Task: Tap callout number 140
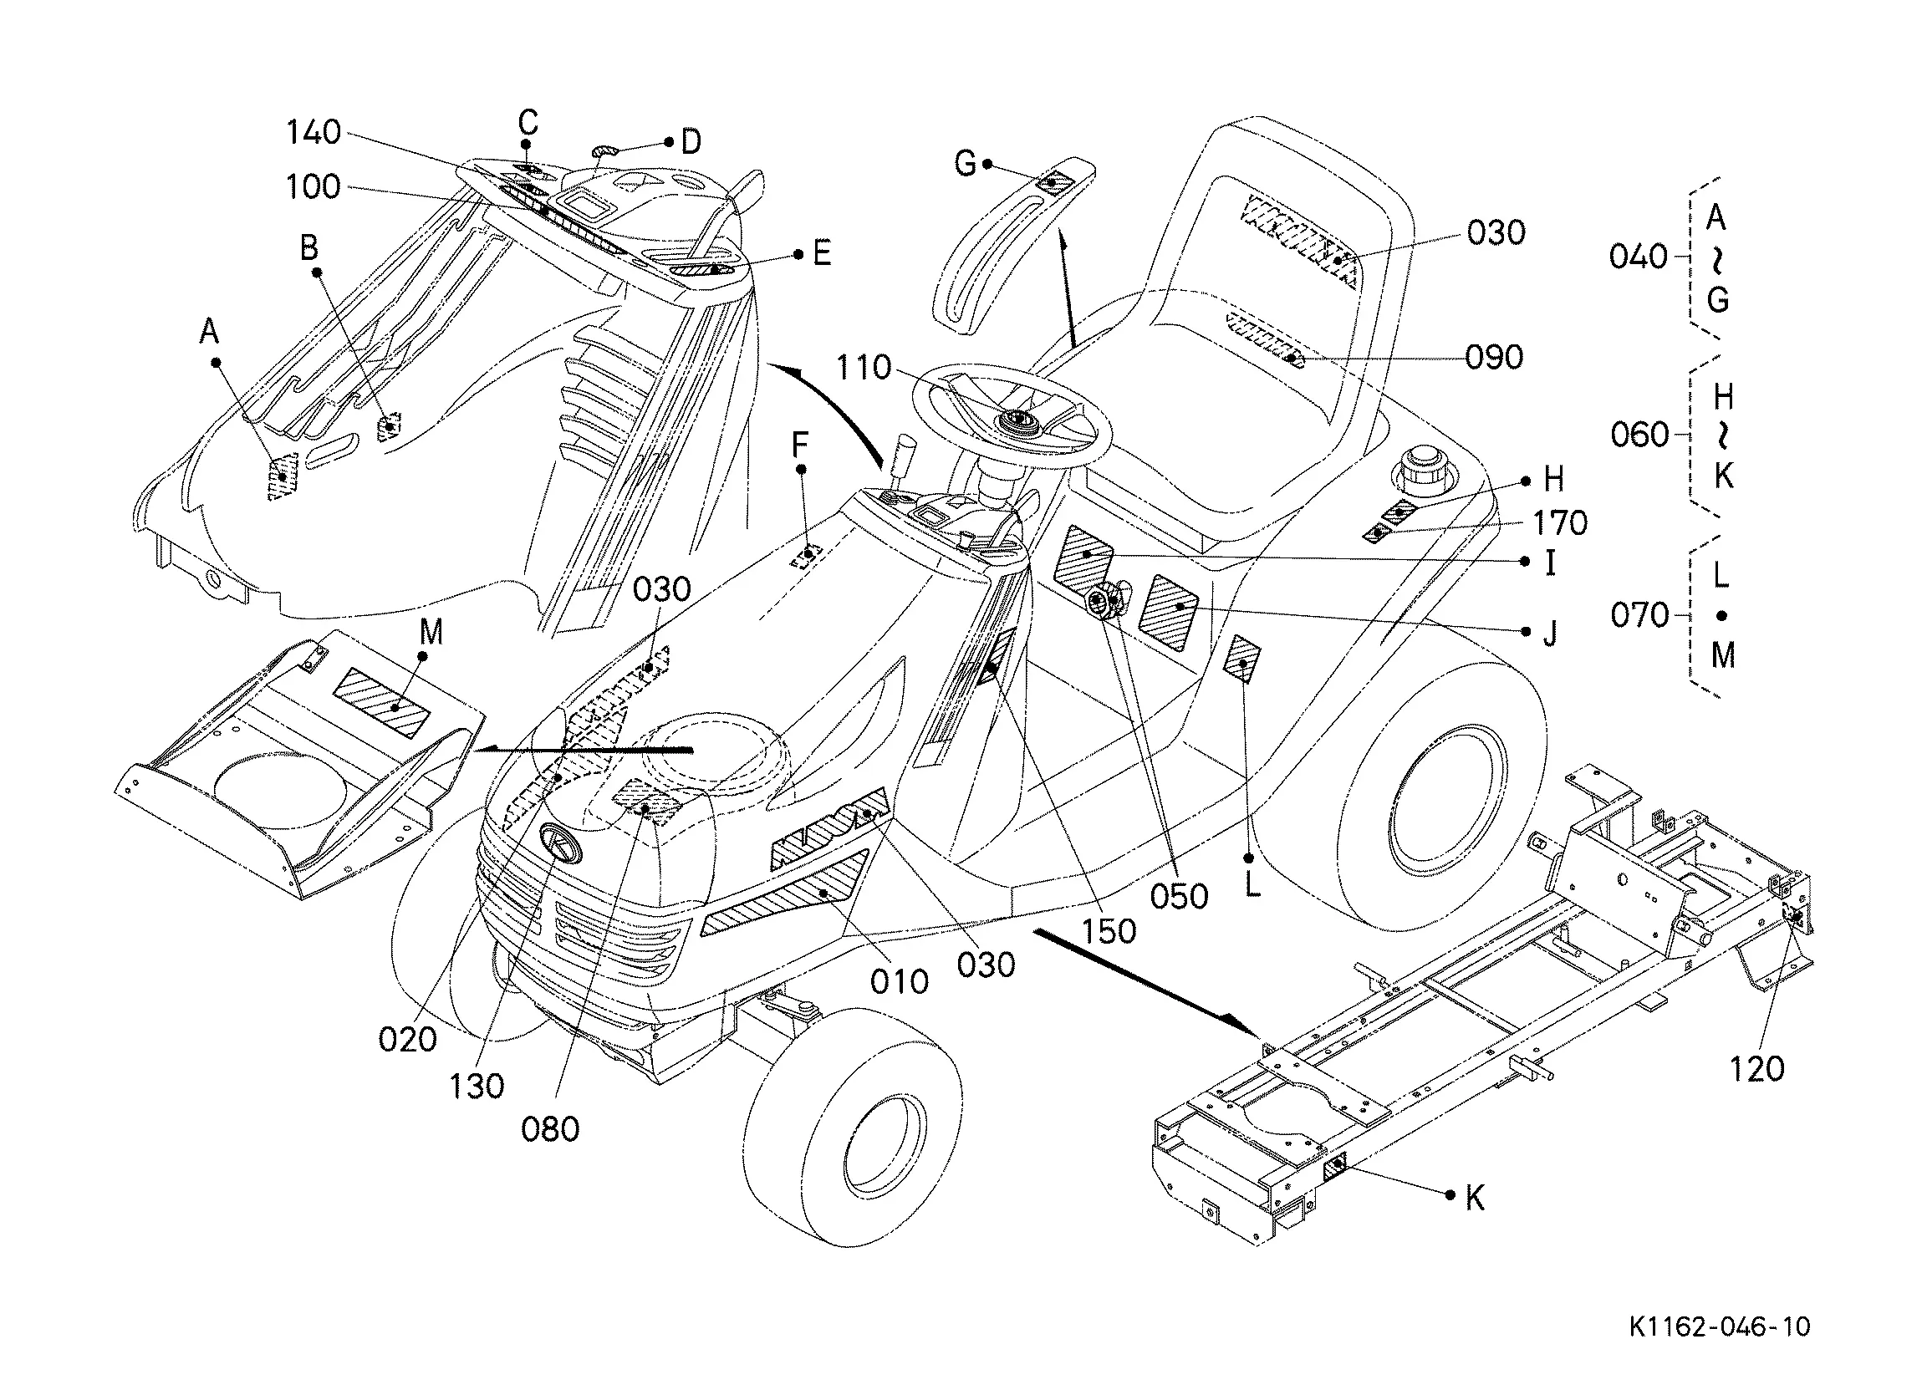(x=314, y=132)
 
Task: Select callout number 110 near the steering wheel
(x=864, y=368)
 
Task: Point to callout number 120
(x=1756, y=1069)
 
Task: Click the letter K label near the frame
(x=1475, y=1199)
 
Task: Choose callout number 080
(x=550, y=1129)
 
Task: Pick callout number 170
(x=1560, y=523)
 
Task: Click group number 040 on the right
(x=1638, y=256)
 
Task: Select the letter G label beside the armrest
(x=966, y=163)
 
